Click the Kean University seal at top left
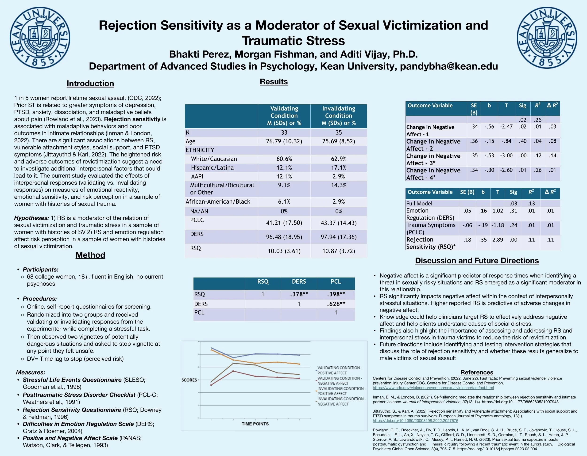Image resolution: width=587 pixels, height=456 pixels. point(40,37)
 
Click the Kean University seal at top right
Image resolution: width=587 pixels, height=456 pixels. point(547,37)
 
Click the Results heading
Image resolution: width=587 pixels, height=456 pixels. point(274,82)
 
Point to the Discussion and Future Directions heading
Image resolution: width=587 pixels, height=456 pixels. point(477,261)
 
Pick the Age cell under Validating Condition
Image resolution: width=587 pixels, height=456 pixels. point(284,141)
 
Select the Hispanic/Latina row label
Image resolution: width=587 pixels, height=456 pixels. point(212,167)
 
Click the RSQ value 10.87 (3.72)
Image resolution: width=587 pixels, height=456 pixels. point(339,251)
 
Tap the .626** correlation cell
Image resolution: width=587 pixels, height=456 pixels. point(336,304)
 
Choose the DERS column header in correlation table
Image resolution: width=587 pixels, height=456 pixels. point(299,281)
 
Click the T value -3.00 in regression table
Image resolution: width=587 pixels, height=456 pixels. point(506,156)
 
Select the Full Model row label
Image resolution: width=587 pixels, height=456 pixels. point(419,203)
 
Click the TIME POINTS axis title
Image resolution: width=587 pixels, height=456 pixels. point(255,424)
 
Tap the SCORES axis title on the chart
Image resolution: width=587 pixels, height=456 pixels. point(189,380)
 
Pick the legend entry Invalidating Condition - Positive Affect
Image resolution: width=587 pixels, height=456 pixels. point(341,391)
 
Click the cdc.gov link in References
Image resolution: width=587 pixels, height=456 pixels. point(433,388)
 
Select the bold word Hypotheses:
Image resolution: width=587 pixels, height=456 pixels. point(31,218)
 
